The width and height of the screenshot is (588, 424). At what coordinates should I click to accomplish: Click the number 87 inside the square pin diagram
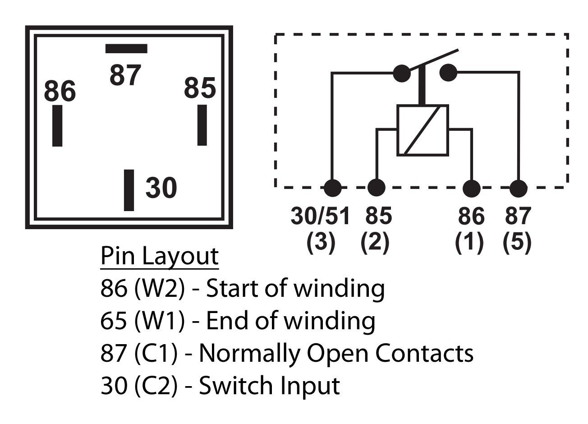point(125,75)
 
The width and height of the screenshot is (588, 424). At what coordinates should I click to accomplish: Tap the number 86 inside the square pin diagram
point(60,91)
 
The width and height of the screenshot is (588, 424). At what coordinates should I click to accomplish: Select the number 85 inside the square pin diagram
point(200,88)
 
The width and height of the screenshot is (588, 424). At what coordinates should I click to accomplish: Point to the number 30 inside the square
point(161,188)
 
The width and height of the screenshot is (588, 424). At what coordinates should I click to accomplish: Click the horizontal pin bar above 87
point(126,48)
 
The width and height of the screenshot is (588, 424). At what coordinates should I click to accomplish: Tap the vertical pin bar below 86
point(57,125)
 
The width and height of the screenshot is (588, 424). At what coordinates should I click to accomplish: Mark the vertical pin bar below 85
point(202,125)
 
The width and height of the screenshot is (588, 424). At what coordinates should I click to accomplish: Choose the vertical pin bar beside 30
point(129,190)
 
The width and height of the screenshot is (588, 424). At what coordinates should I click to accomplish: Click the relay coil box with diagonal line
point(423,130)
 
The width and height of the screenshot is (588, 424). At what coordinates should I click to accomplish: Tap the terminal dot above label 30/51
point(333,187)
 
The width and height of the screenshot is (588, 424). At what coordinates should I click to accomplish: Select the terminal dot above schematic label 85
point(377,187)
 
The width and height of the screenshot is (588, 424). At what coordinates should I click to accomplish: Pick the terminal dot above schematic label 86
point(472,187)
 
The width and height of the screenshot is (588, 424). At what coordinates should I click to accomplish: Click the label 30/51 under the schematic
point(320,216)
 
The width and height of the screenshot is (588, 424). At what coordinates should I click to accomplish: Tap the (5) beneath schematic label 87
point(517,242)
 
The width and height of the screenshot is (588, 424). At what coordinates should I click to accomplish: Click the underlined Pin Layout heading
point(160,256)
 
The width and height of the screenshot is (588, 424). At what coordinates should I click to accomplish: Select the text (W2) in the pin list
point(160,289)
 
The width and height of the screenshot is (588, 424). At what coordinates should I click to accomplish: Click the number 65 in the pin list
point(113,321)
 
